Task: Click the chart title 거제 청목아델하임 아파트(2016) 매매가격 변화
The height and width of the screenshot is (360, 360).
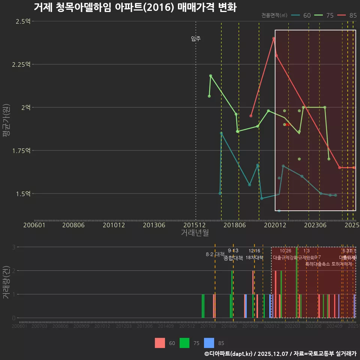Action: (135, 7)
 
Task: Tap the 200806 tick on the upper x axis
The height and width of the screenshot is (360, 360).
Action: (73, 225)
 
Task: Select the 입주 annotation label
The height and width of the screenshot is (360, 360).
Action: (196, 39)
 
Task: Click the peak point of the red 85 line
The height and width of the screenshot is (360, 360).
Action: (274, 38)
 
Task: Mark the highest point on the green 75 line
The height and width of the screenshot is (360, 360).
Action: (211, 76)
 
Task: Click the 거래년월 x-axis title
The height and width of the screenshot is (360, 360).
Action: (195, 233)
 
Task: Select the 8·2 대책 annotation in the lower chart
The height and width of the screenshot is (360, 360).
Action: (215, 254)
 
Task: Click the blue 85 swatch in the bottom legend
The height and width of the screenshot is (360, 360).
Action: (209, 343)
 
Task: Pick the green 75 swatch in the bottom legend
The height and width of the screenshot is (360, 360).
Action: (184, 343)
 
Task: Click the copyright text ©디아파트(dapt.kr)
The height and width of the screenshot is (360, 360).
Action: (229, 354)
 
